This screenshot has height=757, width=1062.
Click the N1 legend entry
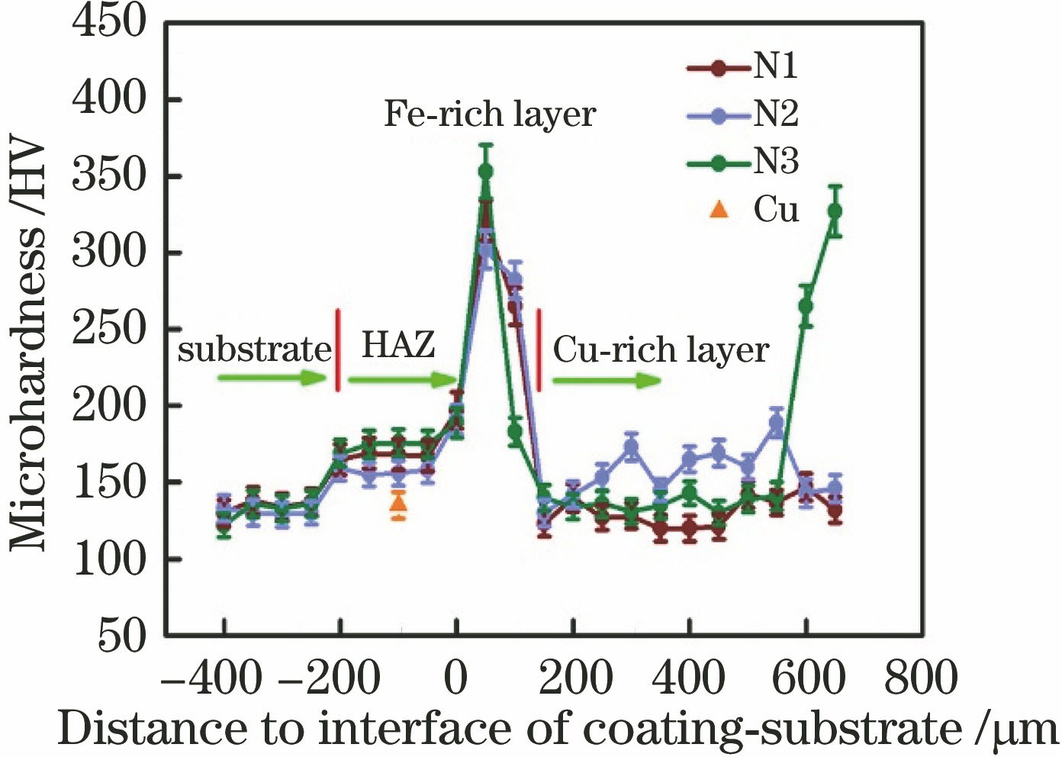(x=744, y=67)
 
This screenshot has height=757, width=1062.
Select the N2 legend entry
(x=744, y=114)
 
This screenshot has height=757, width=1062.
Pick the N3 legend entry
(x=744, y=162)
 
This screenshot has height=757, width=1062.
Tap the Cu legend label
(x=776, y=208)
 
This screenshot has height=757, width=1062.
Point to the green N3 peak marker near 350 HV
(x=486, y=172)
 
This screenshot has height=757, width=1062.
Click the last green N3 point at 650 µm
(x=835, y=211)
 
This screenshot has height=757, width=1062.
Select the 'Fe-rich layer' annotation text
(x=489, y=114)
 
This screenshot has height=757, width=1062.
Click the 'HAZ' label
(x=397, y=345)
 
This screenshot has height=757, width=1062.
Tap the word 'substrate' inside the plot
(x=255, y=350)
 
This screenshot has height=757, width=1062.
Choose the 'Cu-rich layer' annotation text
(x=661, y=350)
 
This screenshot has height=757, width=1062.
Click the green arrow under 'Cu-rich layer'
(x=607, y=380)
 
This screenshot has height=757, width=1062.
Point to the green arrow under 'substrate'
(x=272, y=377)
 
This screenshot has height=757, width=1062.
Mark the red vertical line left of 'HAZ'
(x=338, y=350)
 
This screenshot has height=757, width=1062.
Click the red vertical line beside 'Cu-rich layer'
(x=539, y=350)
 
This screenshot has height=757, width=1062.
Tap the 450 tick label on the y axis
(x=108, y=23)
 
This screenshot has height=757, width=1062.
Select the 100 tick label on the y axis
(x=108, y=559)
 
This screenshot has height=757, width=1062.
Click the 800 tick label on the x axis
(x=921, y=678)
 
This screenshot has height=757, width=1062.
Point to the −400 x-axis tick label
(x=213, y=678)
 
